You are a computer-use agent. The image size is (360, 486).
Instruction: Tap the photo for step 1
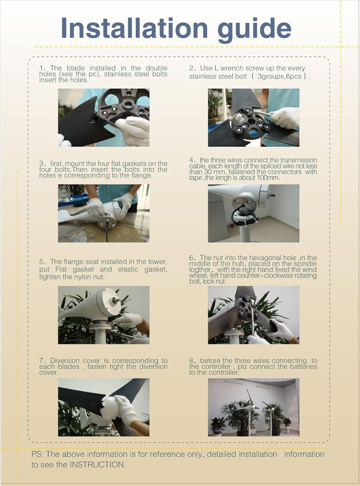click(103, 117)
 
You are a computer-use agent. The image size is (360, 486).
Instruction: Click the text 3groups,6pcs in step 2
click(281, 76)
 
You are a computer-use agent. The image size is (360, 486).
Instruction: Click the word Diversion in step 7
click(65, 361)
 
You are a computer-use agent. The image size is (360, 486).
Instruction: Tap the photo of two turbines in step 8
click(253, 407)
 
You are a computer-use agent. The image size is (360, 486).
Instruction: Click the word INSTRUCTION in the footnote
click(97, 465)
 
